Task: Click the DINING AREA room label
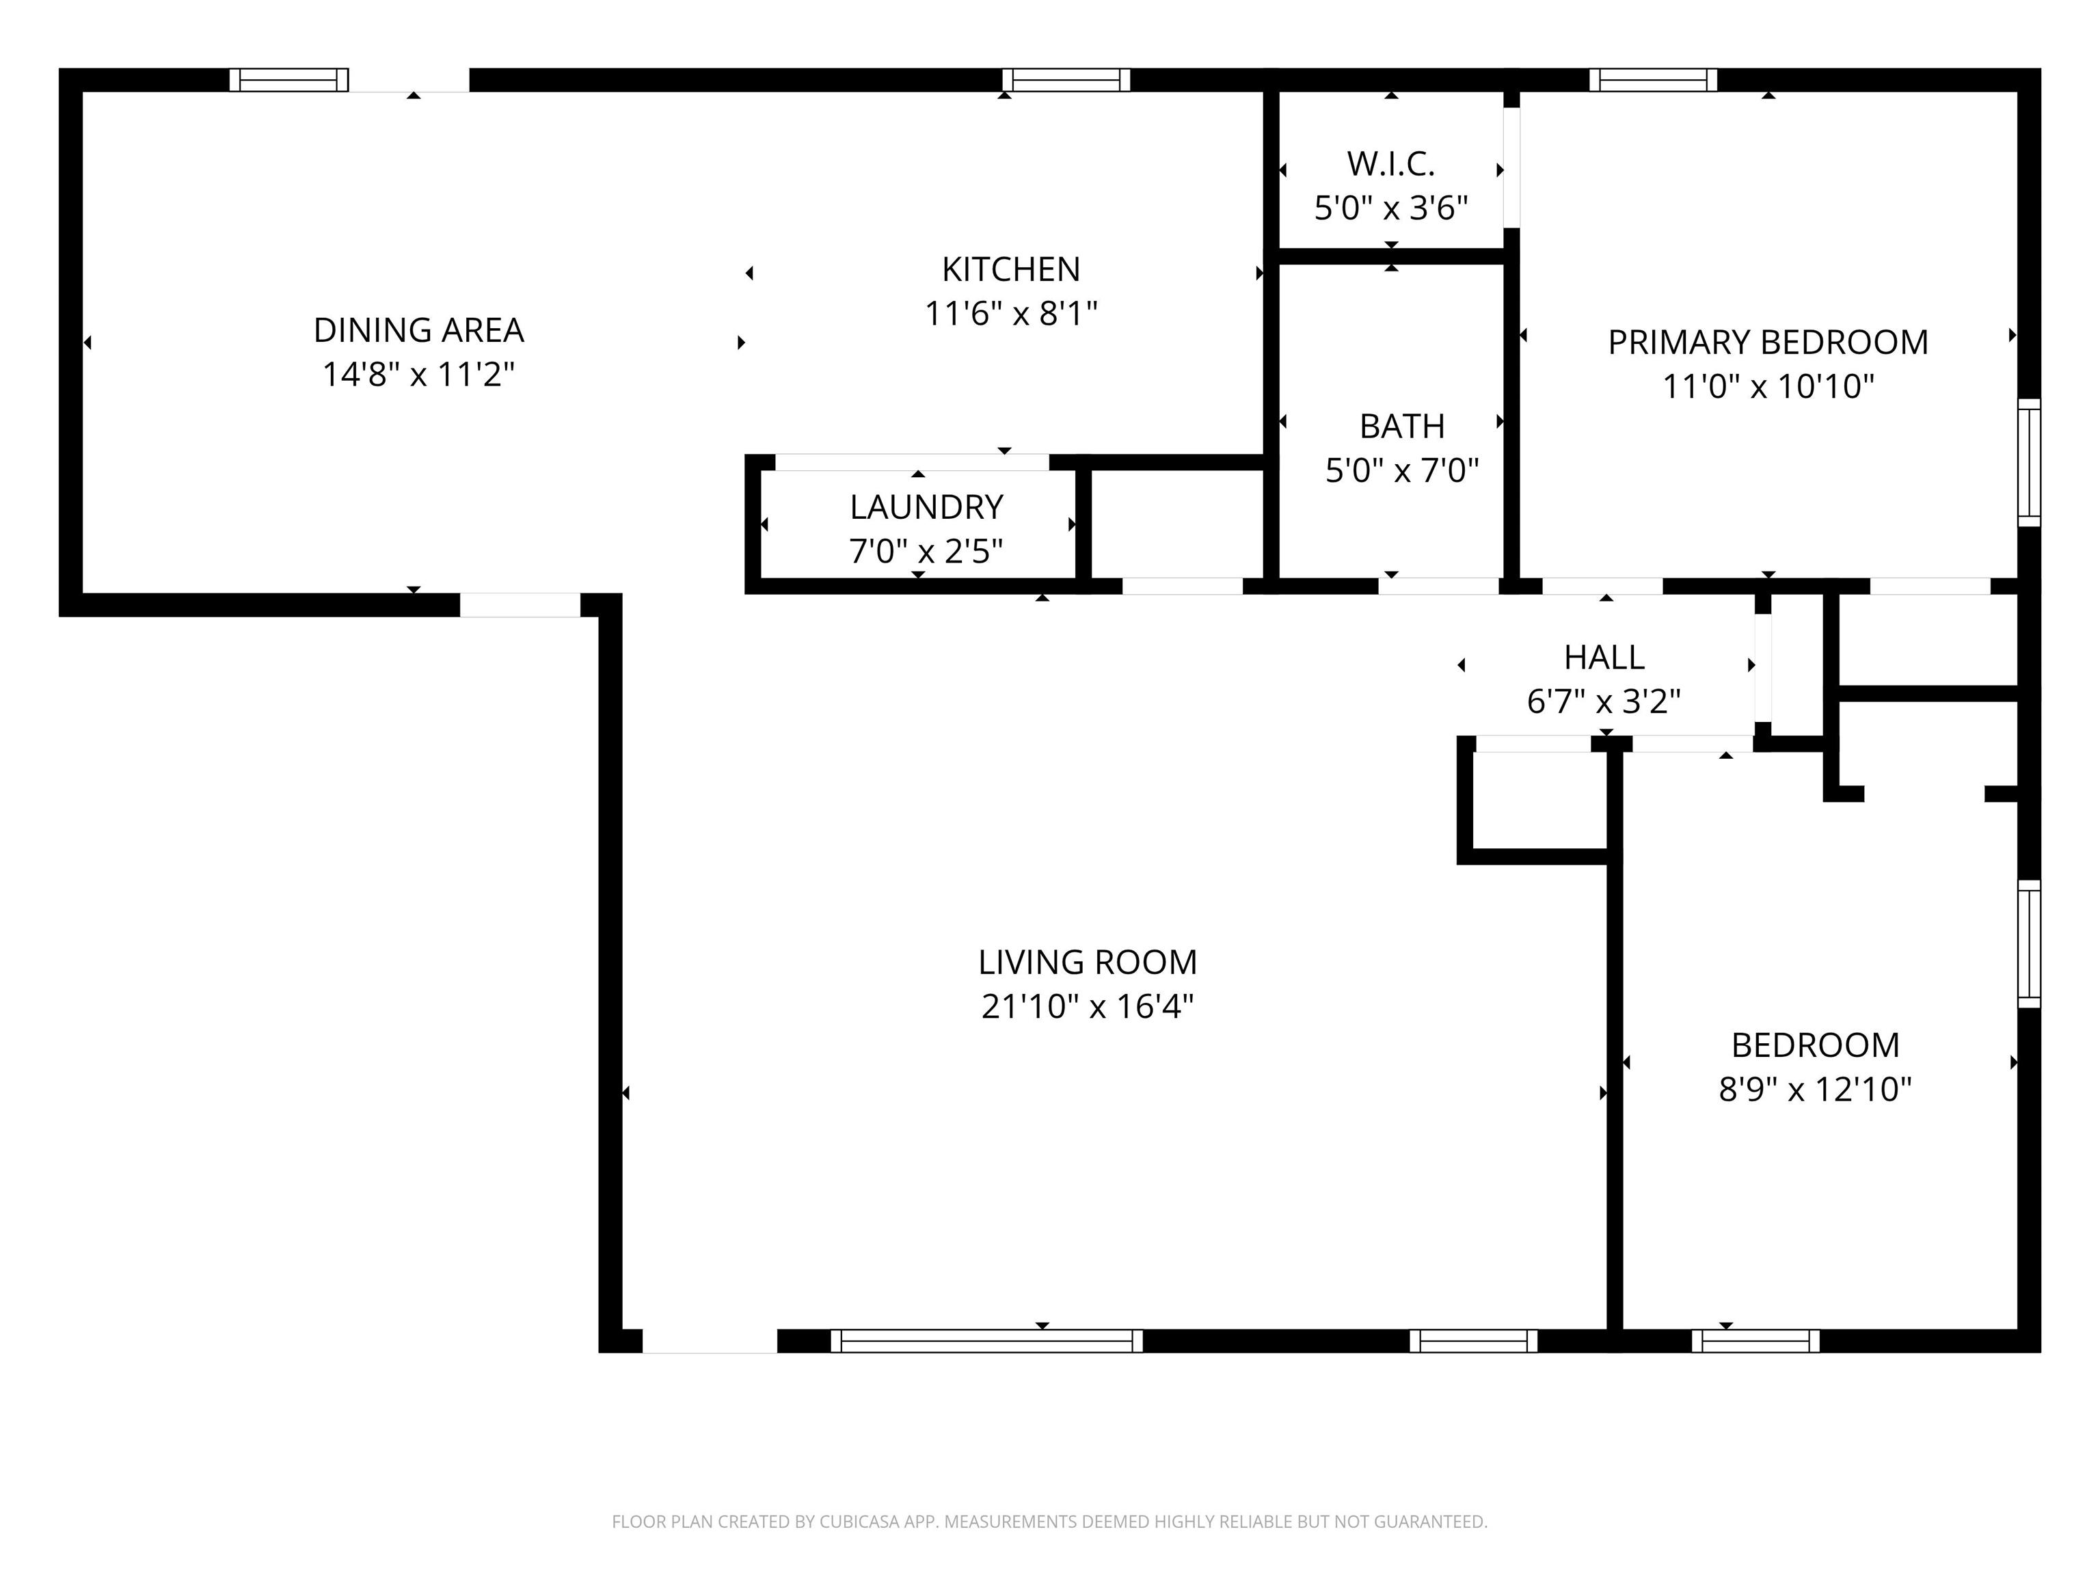click(x=418, y=330)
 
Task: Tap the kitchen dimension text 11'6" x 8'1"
click(x=1011, y=313)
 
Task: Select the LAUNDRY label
click(x=926, y=507)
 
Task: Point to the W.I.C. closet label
click(x=1391, y=164)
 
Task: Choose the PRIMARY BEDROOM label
click(x=1767, y=342)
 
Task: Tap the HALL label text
click(x=1604, y=657)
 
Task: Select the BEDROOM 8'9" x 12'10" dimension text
click(x=1814, y=1089)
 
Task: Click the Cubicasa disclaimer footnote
click(x=1049, y=1522)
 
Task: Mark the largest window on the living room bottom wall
click(x=986, y=1341)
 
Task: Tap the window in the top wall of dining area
click(x=288, y=80)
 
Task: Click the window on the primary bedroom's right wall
click(x=2029, y=462)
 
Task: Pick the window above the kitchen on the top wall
click(x=1066, y=80)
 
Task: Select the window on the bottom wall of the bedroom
click(x=1755, y=1341)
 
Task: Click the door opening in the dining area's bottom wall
click(x=520, y=605)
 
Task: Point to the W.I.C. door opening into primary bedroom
click(x=1511, y=168)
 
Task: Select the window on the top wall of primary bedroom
click(x=1653, y=80)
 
